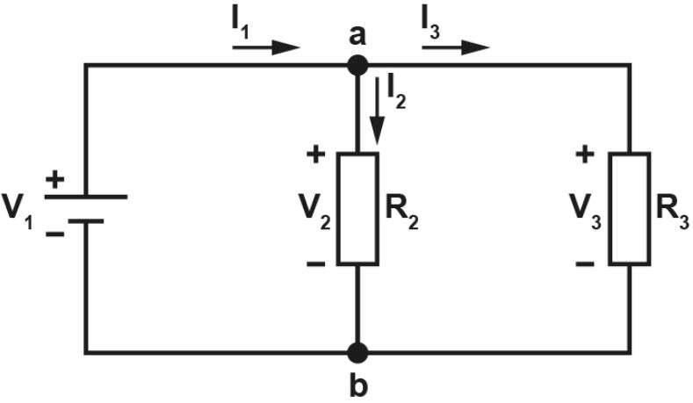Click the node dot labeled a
pyautogui.click(x=357, y=66)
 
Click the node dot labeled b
pyautogui.click(x=357, y=353)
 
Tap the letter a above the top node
pyautogui.click(x=357, y=36)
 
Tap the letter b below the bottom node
pyautogui.click(x=358, y=385)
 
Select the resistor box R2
pyautogui.click(x=357, y=209)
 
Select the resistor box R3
pyautogui.click(x=630, y=209)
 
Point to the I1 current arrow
pyautogui.click(x=266, y=47)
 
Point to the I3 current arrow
pyautogui.click(x=456, y=47)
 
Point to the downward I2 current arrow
pyautogui.click(x=377, y=111)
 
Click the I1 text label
pyautogui.click(x=241, y=27)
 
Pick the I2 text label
pyautogui.click(x=396, y=94)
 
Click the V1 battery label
pyautogui.click(x=18, y=212)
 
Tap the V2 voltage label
pyautogui.click(x=314, y=212)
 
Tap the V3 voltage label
pyautogui.click(x=585, y=212)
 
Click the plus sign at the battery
pyautogui.click(x=54, y=180)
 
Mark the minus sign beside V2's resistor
pyautogui.click(x=315, y=264)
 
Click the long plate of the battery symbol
pyautogui.click(x=86, y=197)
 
